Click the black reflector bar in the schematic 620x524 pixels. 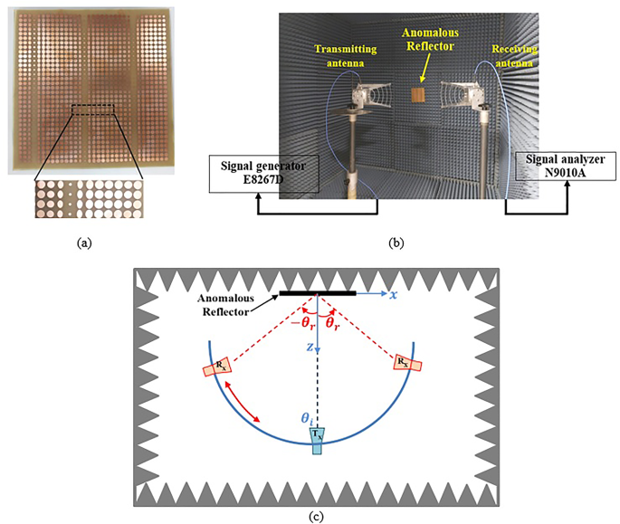[x=317, y=293]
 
